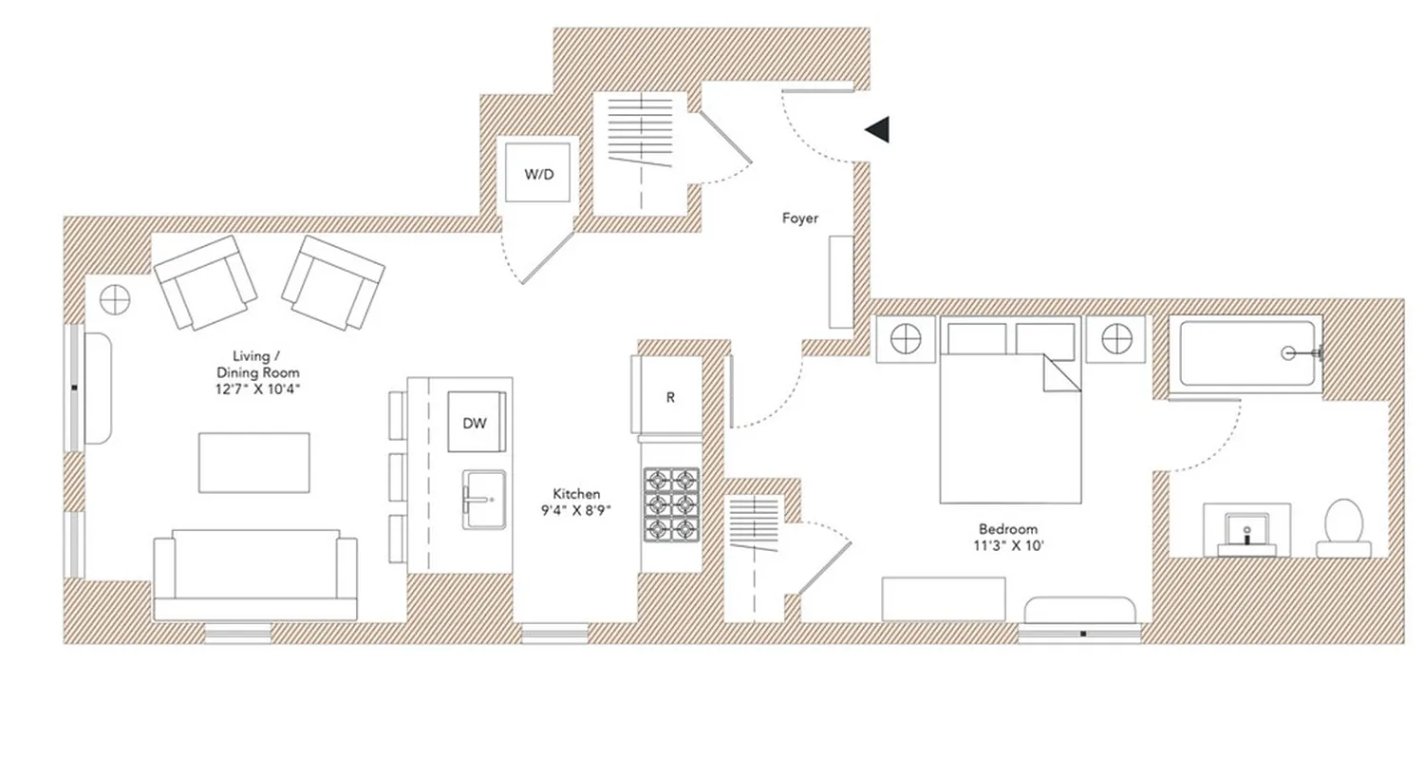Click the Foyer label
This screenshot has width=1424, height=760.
pos(799,218)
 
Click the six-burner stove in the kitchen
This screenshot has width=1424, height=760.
pos(670,504)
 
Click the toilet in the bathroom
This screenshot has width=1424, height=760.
pos(1343,528)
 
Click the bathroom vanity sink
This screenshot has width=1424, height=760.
pos(1246,531)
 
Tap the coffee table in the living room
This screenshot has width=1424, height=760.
pos(254,463)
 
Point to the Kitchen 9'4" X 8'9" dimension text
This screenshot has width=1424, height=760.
pos(576,502)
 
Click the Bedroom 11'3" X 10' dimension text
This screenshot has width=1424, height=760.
pos(1008,537)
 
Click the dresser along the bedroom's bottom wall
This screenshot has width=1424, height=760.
pos(943,598)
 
